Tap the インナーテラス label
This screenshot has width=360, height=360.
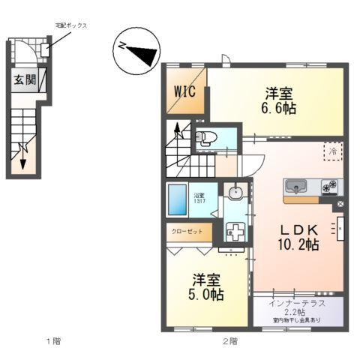click(298, 302)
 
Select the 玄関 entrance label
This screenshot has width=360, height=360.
click(23, 80)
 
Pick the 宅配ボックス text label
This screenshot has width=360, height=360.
click(71, 25)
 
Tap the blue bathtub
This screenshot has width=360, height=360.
click(178, 201)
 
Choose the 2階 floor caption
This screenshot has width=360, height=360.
click(229, 341)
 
